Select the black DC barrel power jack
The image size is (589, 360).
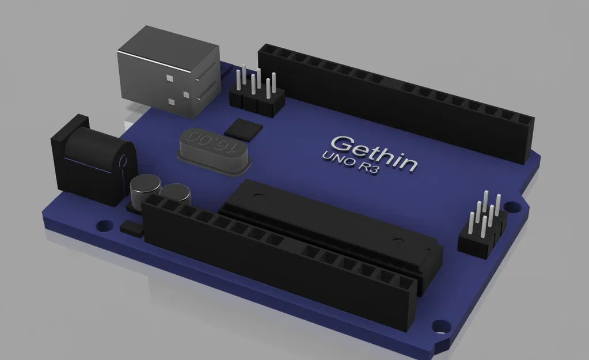point(92,161)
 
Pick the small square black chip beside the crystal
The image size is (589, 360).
point(243,130)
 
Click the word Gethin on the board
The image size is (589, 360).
point(374,153)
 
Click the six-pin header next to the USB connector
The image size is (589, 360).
point(257,92)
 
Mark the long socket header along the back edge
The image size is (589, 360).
point(397,98)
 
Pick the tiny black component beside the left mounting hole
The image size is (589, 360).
point(131,228)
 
